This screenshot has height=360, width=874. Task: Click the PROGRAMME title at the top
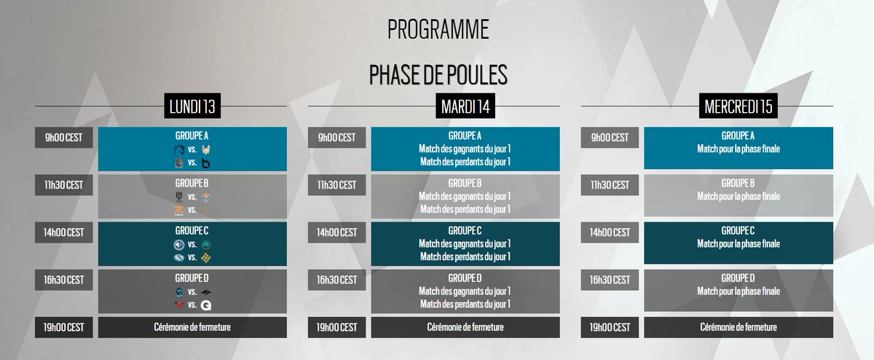pos(438,30)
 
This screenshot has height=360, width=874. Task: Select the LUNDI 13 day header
pos(192,106)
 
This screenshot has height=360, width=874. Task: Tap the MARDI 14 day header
pos(465,106)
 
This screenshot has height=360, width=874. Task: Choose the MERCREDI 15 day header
pos(738,106)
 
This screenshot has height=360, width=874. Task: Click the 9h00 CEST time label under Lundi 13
pos(64,138)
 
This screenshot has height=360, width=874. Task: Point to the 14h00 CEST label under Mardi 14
pos(337,232)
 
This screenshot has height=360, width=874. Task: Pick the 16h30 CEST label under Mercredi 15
pos(610,280)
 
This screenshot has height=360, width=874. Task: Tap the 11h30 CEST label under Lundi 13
pos(64,185)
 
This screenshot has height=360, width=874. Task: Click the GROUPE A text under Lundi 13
pos(192,136)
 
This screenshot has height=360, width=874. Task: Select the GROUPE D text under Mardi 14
pos(465,278)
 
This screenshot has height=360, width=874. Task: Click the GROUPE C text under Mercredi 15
pos(738,230)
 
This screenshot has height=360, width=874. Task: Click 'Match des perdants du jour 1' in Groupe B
pos(465,209)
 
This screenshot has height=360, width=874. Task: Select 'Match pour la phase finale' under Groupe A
pos(738,149)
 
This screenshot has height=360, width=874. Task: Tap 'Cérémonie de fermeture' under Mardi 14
pos(465,327)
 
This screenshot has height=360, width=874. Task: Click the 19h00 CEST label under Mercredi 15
pos(610,327)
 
